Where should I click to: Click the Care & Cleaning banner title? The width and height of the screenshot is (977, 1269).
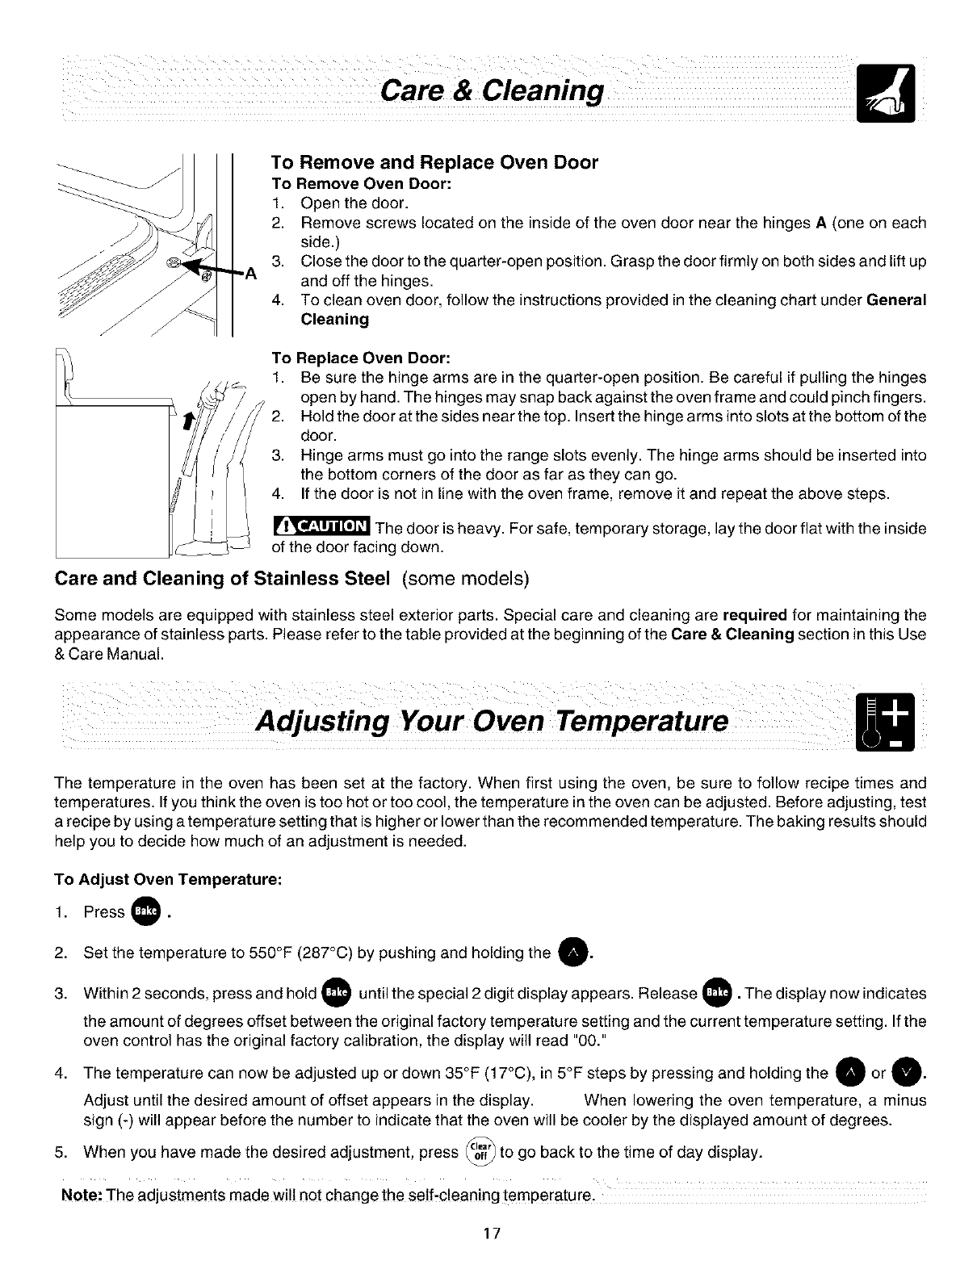493,91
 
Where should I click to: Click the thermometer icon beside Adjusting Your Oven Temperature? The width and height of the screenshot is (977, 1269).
884,720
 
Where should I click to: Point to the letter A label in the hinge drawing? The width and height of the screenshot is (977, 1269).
250,274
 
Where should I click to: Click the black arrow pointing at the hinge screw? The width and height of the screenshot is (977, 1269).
212,269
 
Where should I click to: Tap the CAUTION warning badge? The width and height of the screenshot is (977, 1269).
321,526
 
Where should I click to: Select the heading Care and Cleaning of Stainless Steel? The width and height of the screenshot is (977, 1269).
222,579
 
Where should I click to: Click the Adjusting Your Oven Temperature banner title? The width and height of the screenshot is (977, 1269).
491,719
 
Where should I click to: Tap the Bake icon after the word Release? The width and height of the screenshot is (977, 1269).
716,993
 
